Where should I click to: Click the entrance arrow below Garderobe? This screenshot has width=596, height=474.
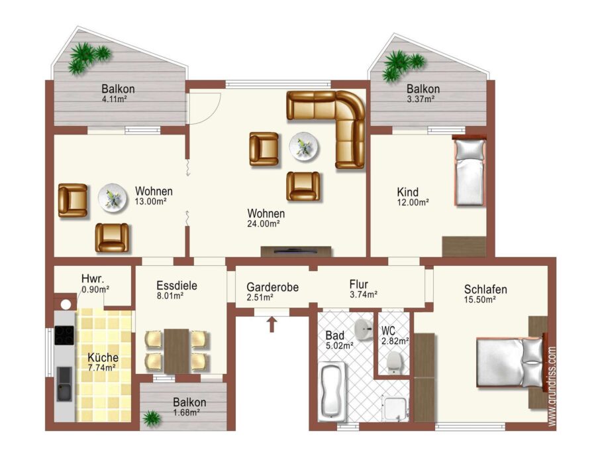tap(272, 324)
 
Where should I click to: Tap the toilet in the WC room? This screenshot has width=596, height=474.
tap(394, 362)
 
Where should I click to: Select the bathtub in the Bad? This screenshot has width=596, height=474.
tap(332, 391)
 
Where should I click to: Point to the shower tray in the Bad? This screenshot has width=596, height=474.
tap(395, 408)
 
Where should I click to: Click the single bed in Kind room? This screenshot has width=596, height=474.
tap(470, 171)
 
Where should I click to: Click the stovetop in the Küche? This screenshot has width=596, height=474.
tap(64, 335)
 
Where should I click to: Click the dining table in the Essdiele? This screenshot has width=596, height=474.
tap(176, 351)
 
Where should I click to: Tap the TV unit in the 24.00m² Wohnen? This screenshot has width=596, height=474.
tap(296, 251)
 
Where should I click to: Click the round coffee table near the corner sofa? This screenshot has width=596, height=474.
tap(304, 147)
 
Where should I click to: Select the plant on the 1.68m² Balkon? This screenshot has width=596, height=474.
tap(152, 418)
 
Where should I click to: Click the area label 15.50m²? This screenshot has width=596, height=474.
tap(479, 300)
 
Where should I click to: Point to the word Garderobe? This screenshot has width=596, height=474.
tap(272, 287)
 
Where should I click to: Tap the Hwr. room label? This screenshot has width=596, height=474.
tap(92, 278)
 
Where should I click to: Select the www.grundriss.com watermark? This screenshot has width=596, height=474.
tap(552, 386)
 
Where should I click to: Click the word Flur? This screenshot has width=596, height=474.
tap(359, 284)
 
